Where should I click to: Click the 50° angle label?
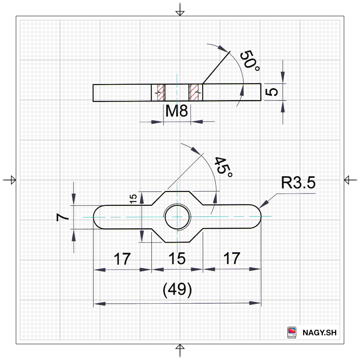pos(250,60)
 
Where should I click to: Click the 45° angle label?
pos(223,167)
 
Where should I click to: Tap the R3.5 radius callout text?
pos(298,183)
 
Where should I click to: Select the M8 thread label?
pos(177,111)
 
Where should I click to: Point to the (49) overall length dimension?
pos(177,290)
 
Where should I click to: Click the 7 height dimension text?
pos(63,217)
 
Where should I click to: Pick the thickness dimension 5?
pos(271,92)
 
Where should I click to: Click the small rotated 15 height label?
pos(133,199)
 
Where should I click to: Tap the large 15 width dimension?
pos(177,258)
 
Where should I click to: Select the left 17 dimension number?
pos(122,259)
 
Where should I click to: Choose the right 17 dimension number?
pos(232,258)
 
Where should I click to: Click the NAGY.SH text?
pos(319,333)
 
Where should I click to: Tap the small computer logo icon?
pos(292,332)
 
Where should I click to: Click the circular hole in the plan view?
pos(177,217)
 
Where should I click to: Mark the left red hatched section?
pos(161,92)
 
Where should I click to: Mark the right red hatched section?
pos(194,92)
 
